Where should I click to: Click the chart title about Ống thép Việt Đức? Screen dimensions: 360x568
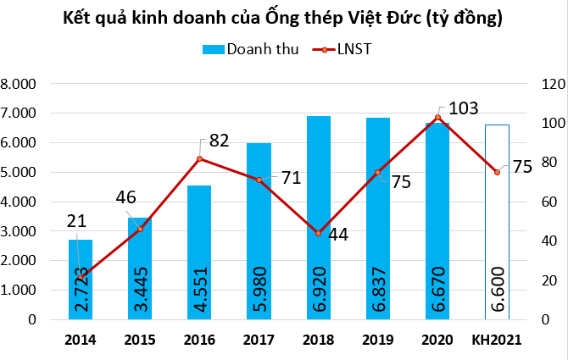[x=284, y=18]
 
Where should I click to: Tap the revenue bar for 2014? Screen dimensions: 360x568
[x=81, y=280]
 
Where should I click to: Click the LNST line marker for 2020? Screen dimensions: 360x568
[x=437, y=118]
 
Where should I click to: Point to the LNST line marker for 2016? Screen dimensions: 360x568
[x=199, y=159]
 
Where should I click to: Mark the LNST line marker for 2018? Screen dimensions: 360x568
[x=318, y=233]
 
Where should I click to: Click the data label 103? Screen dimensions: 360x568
[x=462, y=108]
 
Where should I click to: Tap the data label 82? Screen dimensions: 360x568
[x=219, y=141]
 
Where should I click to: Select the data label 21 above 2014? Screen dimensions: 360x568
[x=77, y=221]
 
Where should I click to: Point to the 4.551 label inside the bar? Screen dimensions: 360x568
[x=200, y=291]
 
